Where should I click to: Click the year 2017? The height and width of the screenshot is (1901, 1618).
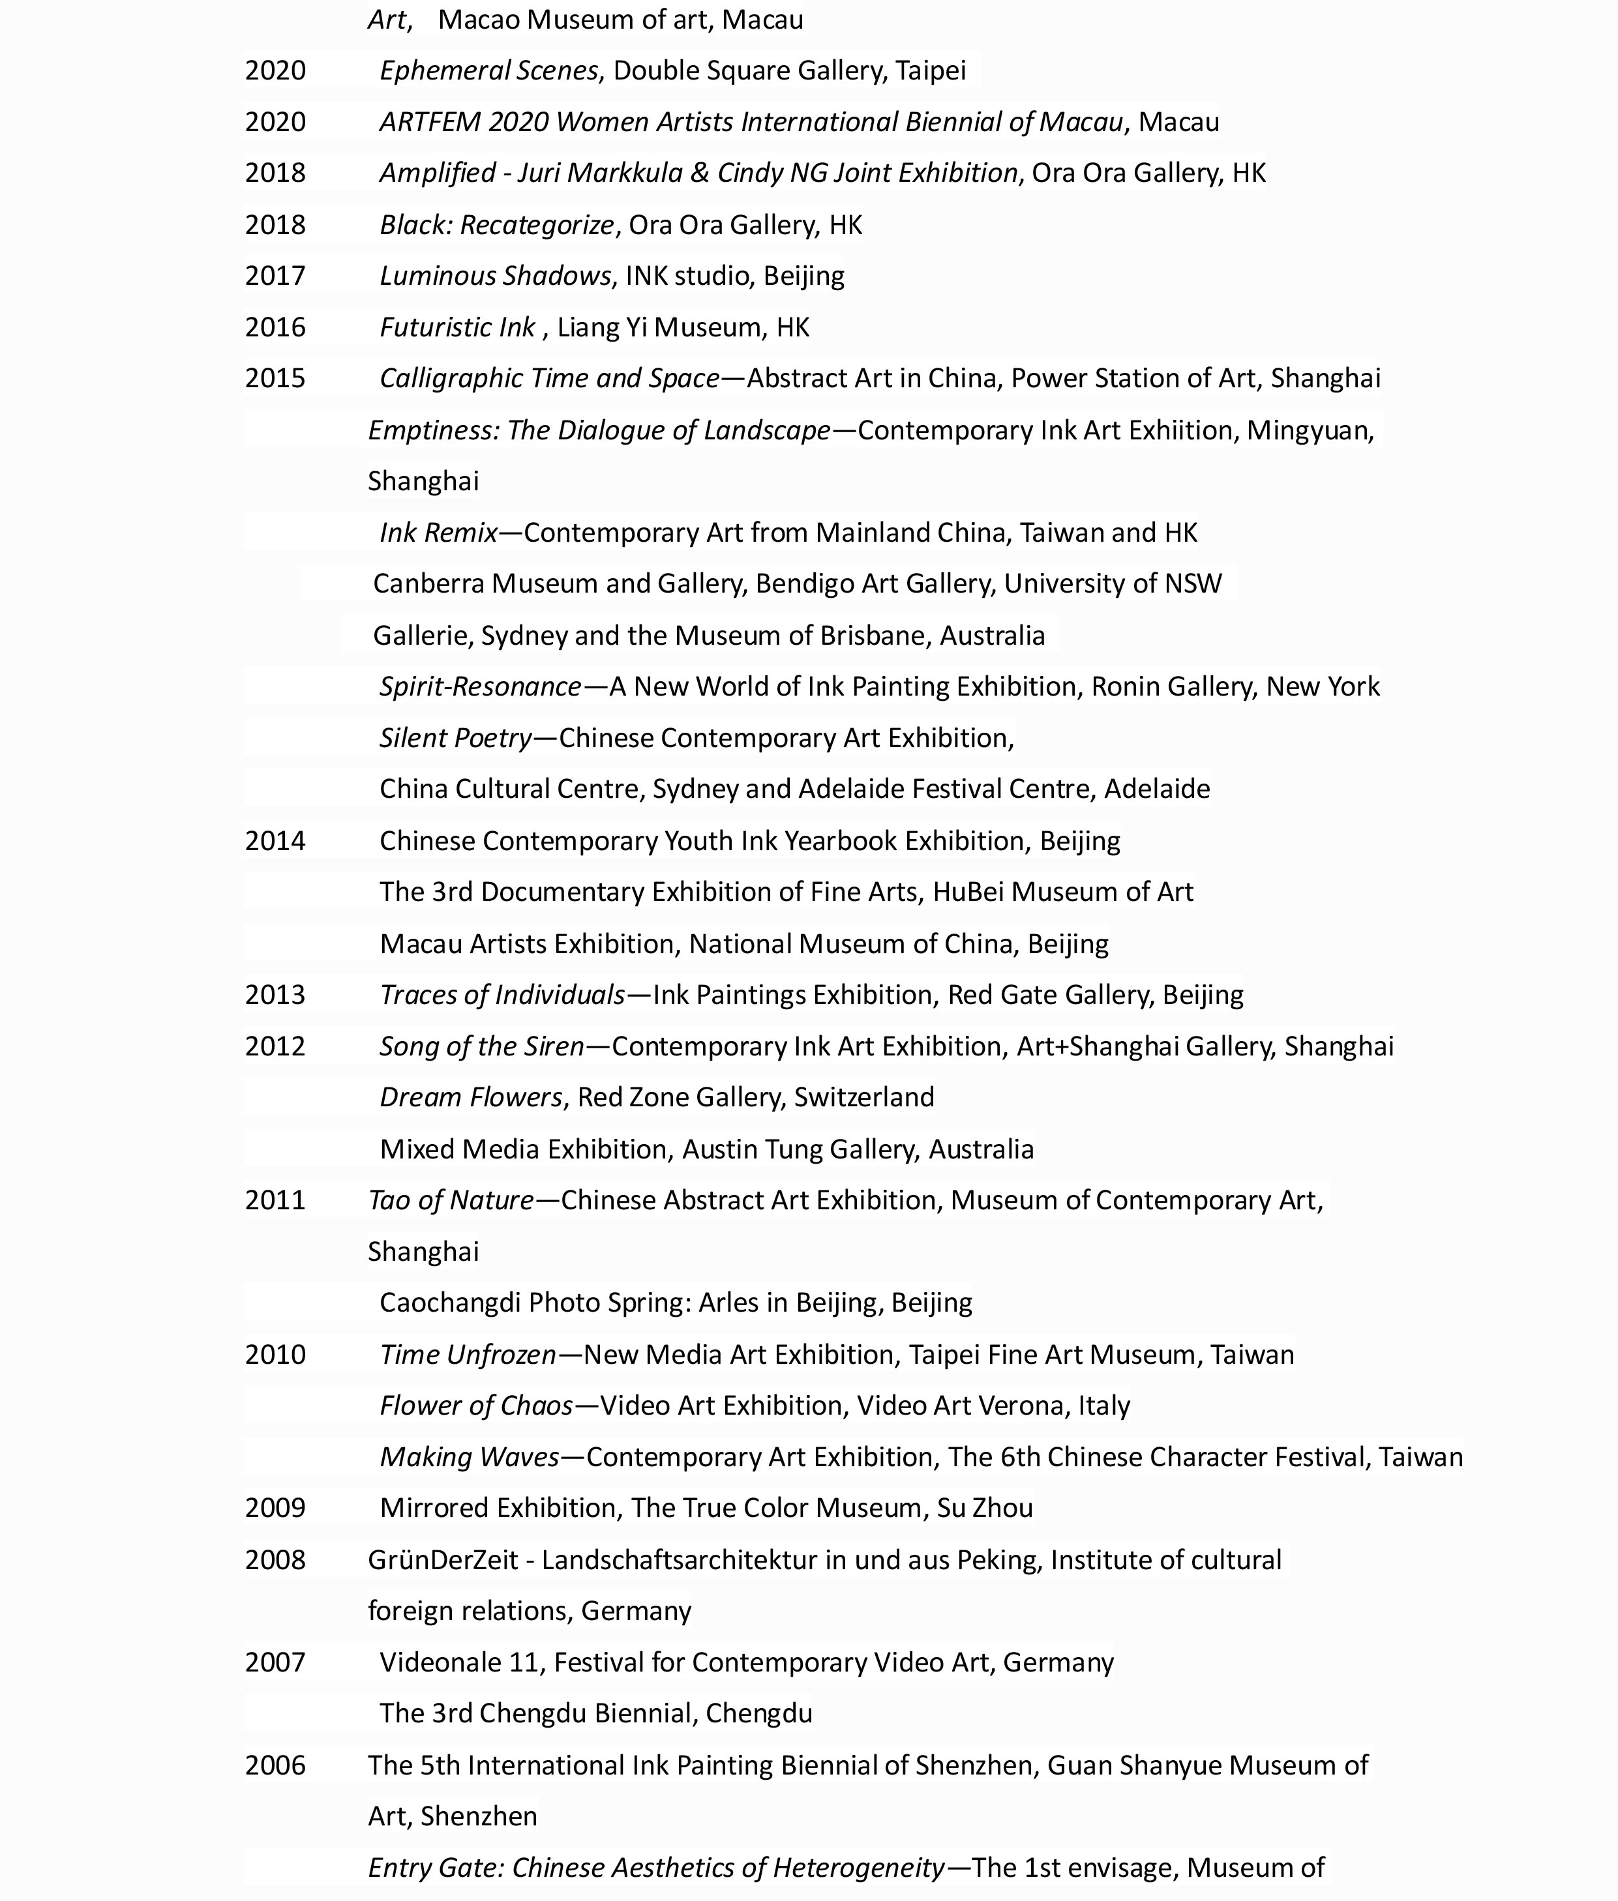[275, 276]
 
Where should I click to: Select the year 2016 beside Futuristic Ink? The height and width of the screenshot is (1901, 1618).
[275, 327]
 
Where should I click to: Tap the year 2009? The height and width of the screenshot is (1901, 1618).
[275, 1508]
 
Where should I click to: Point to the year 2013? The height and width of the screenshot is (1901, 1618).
[275, 995]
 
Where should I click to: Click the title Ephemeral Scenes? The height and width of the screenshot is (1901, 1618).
[488, 70]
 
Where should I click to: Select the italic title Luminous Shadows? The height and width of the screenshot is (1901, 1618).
[495, 276]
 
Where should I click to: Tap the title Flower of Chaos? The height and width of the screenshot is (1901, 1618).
[476, 1406]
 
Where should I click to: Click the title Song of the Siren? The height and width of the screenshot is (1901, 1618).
[481, 1046]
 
